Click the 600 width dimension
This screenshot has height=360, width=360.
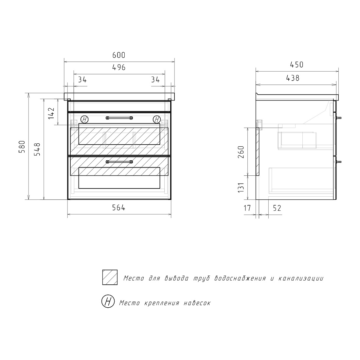tap(119, 55)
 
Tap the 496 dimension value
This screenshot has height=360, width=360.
tap(119, 67)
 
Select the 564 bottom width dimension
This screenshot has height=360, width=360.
tap(119, 207)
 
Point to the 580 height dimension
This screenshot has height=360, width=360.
tap(22, 147)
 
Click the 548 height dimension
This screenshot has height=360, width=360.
tap(37, 149)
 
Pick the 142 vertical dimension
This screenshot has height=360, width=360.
tap(51, 113)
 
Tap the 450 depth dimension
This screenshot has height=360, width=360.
tap(297, 65)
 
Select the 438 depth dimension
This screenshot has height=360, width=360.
tap(293, 78)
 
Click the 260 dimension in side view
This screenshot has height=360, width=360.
tap(241, 152)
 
